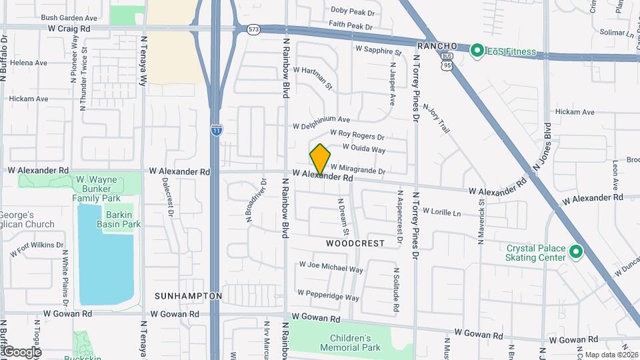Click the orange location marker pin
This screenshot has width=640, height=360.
coord(321,159)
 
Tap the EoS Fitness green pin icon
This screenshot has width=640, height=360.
coord(477,51)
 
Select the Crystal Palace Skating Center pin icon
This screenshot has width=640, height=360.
coord(575,253)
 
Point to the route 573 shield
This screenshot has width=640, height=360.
coord(253,30)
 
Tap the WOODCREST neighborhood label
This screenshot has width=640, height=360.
coord(355,243)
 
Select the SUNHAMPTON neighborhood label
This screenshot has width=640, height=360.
coord(188,295)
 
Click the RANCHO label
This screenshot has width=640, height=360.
coord(437,45)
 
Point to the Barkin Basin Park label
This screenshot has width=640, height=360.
coord(123,219)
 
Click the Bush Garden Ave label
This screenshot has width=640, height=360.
coord(69,17)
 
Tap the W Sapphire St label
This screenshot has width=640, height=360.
coord(379,50)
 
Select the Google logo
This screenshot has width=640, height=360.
coord(21,352)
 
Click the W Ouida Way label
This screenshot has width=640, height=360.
coord(364,149)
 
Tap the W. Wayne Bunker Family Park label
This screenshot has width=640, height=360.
coord(98,189)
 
